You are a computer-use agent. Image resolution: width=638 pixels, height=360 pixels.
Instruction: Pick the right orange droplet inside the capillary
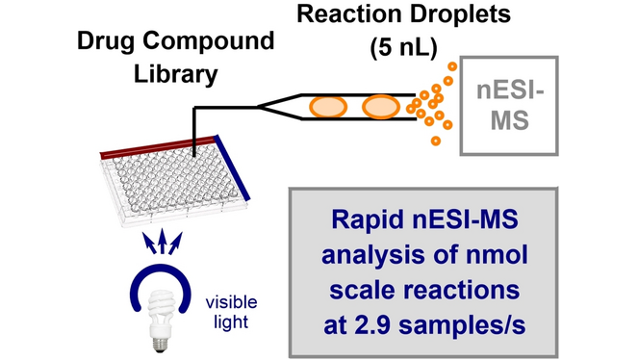click(379, 105)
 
